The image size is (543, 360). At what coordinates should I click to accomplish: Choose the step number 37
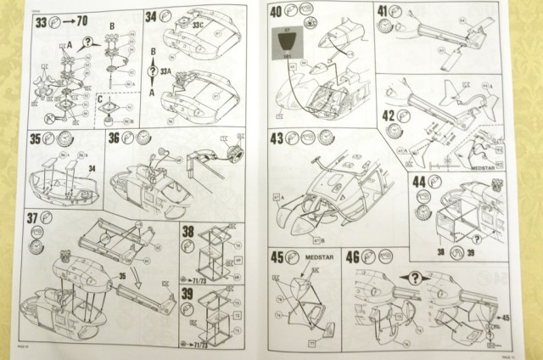pyautogui.click(x=34, y=218)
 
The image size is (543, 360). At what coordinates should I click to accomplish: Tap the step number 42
pyautogui.click(x=389, y=115)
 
